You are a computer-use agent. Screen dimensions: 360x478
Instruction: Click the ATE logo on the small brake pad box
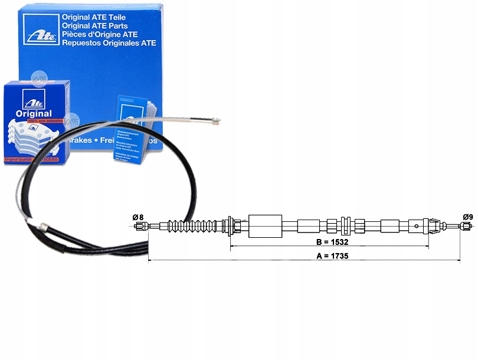pos(30,97)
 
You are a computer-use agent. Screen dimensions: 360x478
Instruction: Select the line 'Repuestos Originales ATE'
pos(109,42)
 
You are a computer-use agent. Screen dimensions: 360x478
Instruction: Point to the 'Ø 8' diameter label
pos(139,217)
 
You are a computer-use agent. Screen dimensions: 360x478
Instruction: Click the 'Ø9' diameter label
pos(468,216)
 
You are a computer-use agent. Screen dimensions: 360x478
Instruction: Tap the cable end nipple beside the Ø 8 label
pos(140,225)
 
